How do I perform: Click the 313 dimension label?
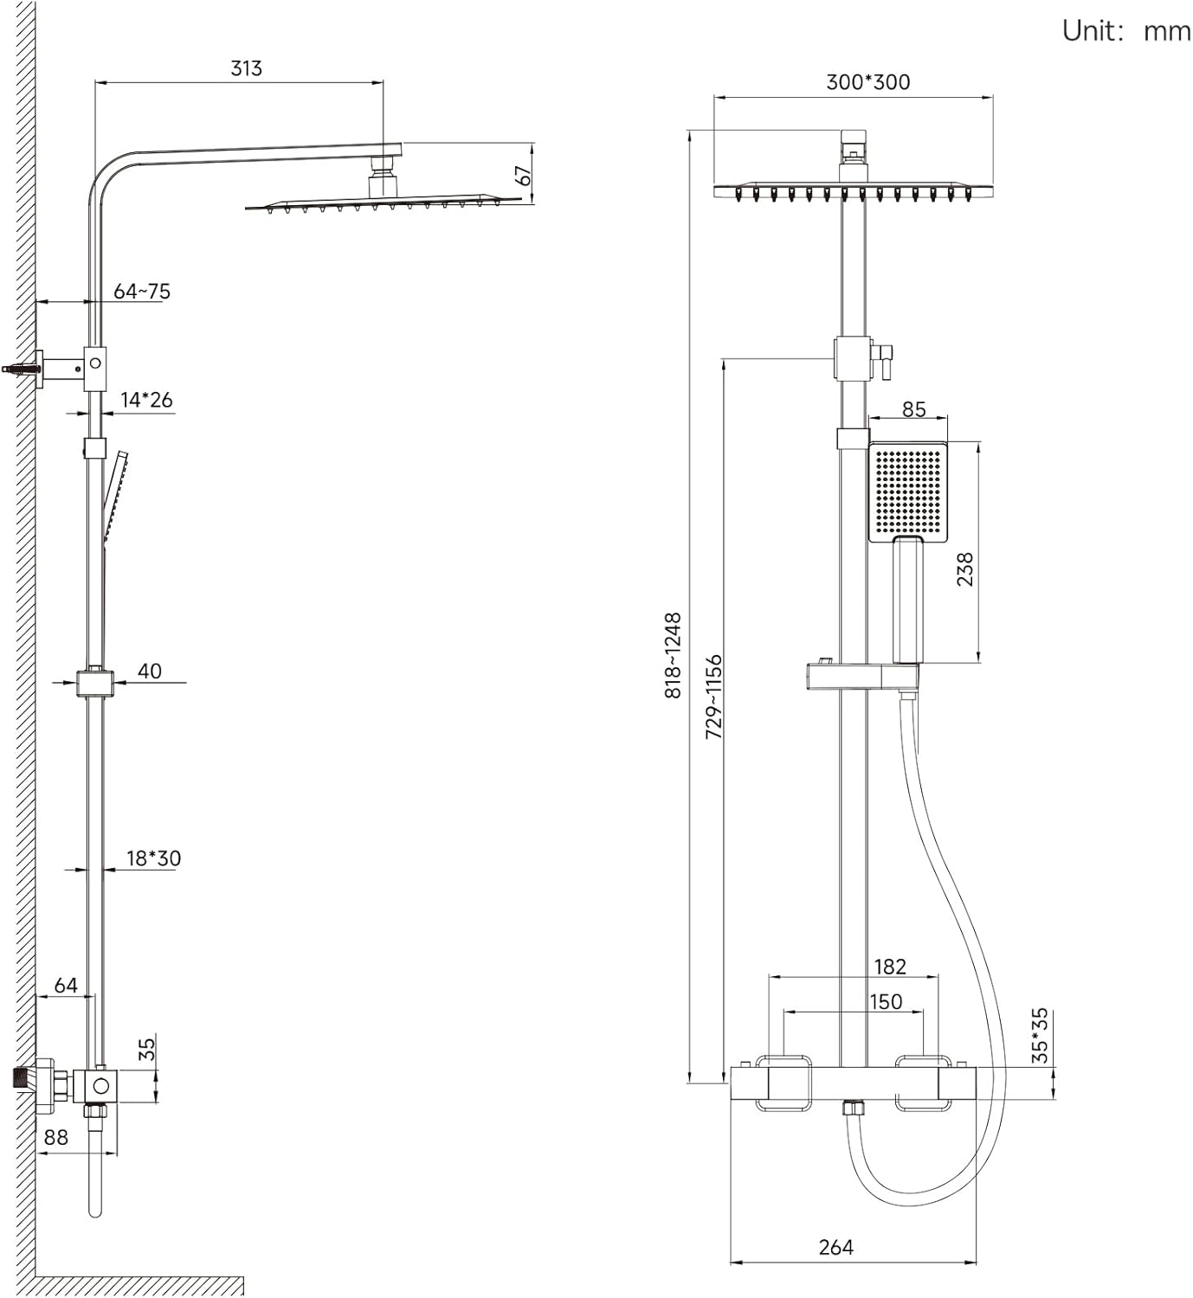tap(246, 68)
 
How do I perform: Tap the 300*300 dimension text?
tap(867, 82)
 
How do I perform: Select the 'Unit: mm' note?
tap(1126, 30)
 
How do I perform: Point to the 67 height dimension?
tap(523, 176)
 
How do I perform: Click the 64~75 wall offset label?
tap(142, 291)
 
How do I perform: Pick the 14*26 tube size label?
tap(147, 400)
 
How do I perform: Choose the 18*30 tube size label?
tap(154, 858)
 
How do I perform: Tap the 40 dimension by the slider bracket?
tap(150, 671)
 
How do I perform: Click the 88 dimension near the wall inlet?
tap(55, 1138)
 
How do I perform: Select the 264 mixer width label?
tap(836, 1247)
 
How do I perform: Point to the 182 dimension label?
tap(890, 967)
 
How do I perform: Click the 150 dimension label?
tap(886, 1002)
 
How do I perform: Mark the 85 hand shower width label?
tap(914, 409)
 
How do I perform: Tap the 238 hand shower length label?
tap(965, 569)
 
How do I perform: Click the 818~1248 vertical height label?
tap(674, 655)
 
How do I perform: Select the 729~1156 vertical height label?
tap(713, 697)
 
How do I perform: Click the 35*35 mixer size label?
tap(1039, 1036)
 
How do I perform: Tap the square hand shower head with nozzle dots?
tap(908, 492)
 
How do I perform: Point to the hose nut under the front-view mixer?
tap(853, 1108)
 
